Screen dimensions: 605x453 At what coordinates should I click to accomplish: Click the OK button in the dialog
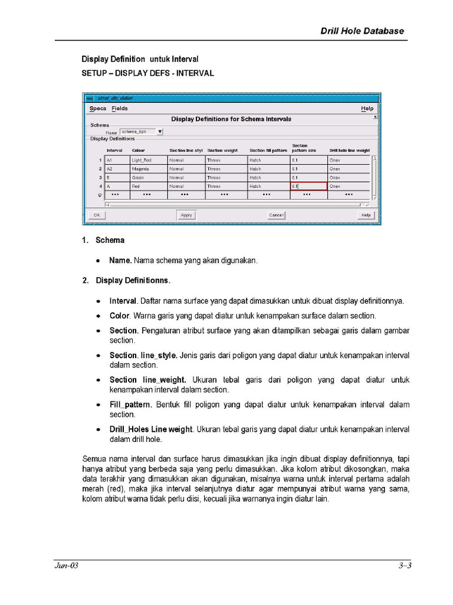tap(96, 215)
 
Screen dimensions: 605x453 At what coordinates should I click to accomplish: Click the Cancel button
tap(276, 215)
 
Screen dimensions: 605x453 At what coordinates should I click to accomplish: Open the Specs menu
tap(98, 109)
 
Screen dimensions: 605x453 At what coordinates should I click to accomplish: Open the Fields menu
tap(120, 109)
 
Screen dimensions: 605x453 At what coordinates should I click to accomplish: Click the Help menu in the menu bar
tap(367, 109)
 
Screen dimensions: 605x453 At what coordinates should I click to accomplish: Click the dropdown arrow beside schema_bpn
tap(160, 132)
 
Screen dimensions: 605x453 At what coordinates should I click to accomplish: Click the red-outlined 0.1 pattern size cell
tap(308, 186)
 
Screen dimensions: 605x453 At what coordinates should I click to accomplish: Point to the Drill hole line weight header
tap(349, 151)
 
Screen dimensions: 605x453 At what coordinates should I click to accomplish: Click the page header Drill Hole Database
tap(362, 31)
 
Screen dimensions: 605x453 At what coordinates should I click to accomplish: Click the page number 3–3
tap(404, 565)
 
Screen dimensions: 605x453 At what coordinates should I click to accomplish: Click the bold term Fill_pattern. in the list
tap(131, 405)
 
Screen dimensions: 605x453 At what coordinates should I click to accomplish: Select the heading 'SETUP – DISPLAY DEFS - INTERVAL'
tap(147, 74)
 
